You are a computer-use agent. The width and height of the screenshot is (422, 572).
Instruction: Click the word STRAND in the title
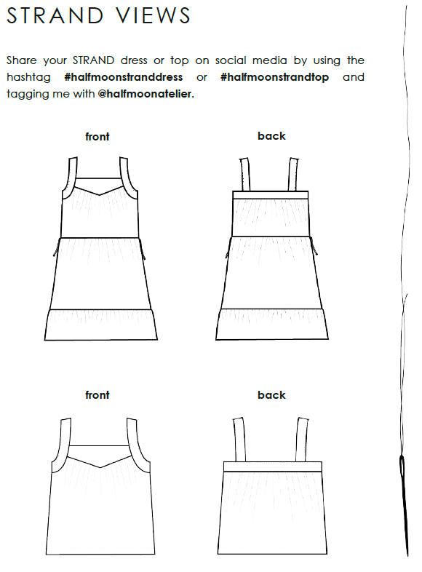(x=55, y=16)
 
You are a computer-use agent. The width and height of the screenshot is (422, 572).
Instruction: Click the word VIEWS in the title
(x=154, y=16)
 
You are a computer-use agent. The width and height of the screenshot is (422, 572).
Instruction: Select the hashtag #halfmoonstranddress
(x=123, y=77)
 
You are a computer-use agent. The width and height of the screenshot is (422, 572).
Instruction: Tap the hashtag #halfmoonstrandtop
(x=274, y=77)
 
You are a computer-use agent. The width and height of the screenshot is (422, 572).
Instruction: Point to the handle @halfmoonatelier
(x=146, y=94)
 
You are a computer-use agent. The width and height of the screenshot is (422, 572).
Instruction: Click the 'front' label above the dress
(x=97, y=137)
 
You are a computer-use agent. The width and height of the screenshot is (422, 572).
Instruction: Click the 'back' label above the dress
(x=271, y=136)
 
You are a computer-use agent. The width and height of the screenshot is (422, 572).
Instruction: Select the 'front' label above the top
(x=97, y=395)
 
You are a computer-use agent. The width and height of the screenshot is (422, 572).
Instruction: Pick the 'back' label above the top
(x=271, y=395)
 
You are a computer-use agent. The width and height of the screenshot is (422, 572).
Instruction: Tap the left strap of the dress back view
(x=244, y=175)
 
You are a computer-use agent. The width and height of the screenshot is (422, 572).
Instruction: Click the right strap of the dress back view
(x=293, y=175)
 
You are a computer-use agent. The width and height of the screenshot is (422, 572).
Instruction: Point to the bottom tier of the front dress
(x=101, y=325)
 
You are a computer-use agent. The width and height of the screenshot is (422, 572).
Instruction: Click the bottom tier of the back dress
(x=272, y=324)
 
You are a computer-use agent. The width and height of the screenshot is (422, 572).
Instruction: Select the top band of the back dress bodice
(x=271, y=195)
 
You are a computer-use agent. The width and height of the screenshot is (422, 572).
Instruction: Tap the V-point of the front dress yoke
(x=99, y=195)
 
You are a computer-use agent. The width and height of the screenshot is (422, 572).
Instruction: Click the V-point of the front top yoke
(x=100, y=467)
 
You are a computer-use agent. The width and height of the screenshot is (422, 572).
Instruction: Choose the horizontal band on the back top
(x=273, y=466)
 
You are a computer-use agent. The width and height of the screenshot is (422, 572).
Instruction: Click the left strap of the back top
(x=239, y=440)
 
